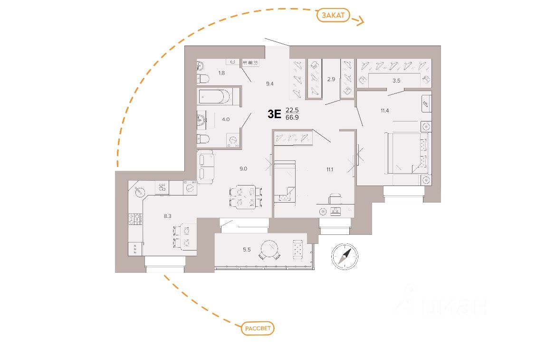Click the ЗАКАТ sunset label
pos(333,15)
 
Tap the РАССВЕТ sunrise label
pos(258,328)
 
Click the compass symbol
pos(345,256)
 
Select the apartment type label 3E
pos(275,114)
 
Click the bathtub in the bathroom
pos(214,97)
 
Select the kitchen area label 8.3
pos(167,216)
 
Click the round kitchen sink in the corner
pos(140,192)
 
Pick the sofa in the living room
pos(206,167)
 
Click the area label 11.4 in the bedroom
pos(385,111)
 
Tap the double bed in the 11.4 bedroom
pos(408,153)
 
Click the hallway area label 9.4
pos(270,84)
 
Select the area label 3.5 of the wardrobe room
pos(396,81)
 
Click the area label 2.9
pos(331,79)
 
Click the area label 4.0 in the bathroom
pos(225,119)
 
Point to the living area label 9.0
pos(243,168)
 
